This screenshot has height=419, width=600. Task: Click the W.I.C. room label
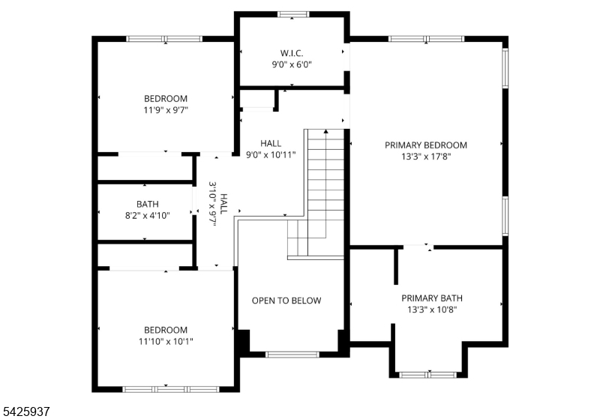tap(291, 52)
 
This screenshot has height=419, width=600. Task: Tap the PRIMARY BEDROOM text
tap(425, 145)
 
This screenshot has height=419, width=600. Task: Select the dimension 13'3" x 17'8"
tap(425, 157)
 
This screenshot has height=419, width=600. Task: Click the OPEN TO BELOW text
tap(286, 301)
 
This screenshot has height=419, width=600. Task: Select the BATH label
tap(147, 204)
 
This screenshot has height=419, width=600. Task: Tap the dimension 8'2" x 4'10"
tap(147, 215)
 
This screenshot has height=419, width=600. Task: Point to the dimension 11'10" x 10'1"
tap(166, 341)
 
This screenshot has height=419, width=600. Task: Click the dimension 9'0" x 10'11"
tap(271, 154)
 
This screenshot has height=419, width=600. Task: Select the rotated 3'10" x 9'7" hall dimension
tap(217, 203)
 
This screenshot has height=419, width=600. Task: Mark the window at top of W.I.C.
tap(292, 13)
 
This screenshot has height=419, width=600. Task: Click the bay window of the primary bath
tap(427, 373)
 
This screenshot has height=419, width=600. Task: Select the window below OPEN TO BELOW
tap(292, 354)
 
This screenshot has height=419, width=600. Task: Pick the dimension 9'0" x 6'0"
tap(291, 64)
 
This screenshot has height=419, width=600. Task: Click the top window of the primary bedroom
tap(426, 38)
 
